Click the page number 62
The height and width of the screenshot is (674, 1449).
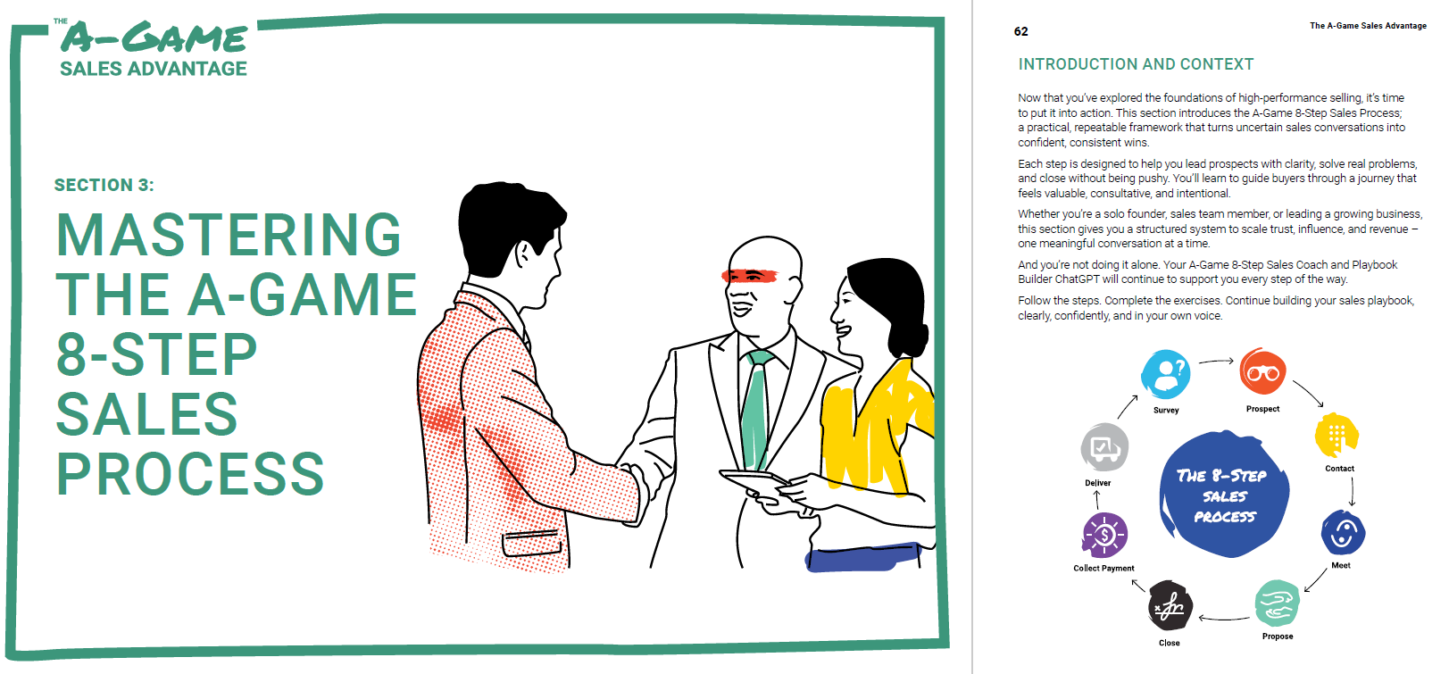tap(1020, 31)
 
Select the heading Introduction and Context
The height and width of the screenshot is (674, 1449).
tap(1136, 64)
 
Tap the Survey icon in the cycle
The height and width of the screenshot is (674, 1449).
tap(1165, 374)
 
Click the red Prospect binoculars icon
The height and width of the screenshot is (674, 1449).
tap(1262, 371)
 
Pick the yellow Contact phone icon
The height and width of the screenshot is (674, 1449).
tap(1337, 435)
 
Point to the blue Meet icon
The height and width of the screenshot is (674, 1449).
tap(1343, 533)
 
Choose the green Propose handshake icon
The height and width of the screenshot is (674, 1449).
tap(1277, 604)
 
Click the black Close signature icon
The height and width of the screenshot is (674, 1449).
tap(1170, 606)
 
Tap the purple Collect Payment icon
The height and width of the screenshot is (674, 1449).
tap(1104, 536)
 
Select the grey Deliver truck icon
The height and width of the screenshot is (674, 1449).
tap(1104, 447)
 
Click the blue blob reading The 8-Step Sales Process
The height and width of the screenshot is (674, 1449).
tap(1223, 495)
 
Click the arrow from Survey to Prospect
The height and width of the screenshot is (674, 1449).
tap(1215, 362)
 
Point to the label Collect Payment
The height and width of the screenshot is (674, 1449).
tap(1103, 568)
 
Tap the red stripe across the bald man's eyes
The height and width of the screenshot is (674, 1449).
tap(749, 275)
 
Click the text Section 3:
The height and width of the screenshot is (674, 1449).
tap(104, 185)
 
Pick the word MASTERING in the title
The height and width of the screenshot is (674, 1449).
tap(229, 235)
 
